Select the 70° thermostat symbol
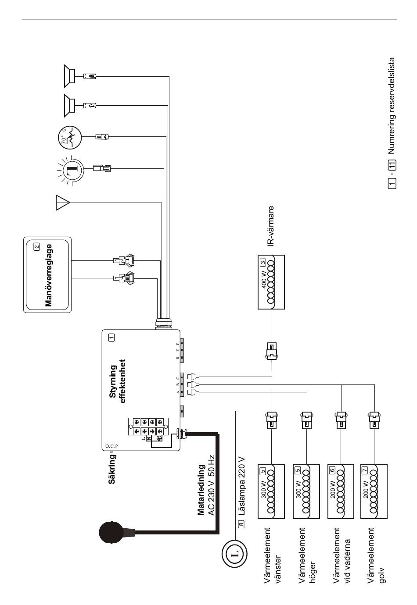pyautogui.click(x=70, y=137)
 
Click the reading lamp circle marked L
pyautogui.click(x=234, y=555)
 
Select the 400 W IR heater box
pyautogui.click(x=271, y=282)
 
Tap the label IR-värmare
pyautogui.click(x=271, y=226)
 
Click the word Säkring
pyautogui.click(x=112, y=469)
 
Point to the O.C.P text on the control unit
pyautogui.click(x=111, y=446)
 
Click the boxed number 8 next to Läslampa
pyautogui.click(x=241, y=524)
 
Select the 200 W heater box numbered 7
pyautogui.click(x=374, y=491)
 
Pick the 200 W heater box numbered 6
pyautogui.click(x=341, y=491)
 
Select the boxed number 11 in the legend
pyautogui.click(x=392, y=164)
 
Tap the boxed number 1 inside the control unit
pyautogui.click(x=111, y=337)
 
